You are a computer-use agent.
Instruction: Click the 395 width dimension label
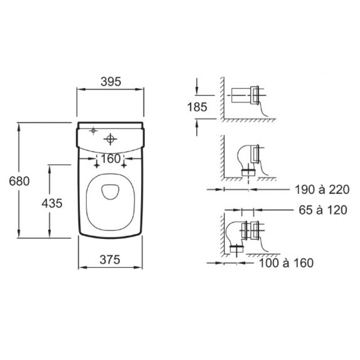pyautogui.click(x=111, y=82)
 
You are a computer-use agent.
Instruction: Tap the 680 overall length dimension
pyautogui.click(x=19, y=181)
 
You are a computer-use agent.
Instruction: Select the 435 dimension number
pyautogui.click(x=52, y=203)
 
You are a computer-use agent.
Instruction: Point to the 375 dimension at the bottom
pyautogui.click(x=110, y=260)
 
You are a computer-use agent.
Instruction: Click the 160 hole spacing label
pyautogui.click(x=111, y=159)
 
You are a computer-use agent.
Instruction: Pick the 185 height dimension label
pyautogui.click(x=197, y=107)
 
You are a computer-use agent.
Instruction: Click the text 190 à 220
pyautogui.click(x=322, y=190)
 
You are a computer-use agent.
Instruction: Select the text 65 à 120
pyautogui.click(x=323, y=210)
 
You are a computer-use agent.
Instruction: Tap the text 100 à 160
pyautogui.click(x=286, y=263)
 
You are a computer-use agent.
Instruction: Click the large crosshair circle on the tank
pyautogui.click(x=110, y=139)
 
